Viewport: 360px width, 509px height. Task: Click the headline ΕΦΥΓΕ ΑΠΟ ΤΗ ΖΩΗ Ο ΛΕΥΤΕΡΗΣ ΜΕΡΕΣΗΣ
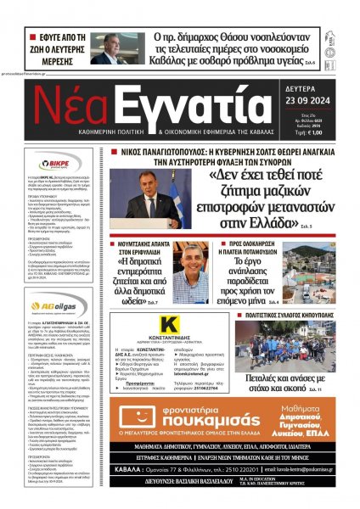click(57, 48)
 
